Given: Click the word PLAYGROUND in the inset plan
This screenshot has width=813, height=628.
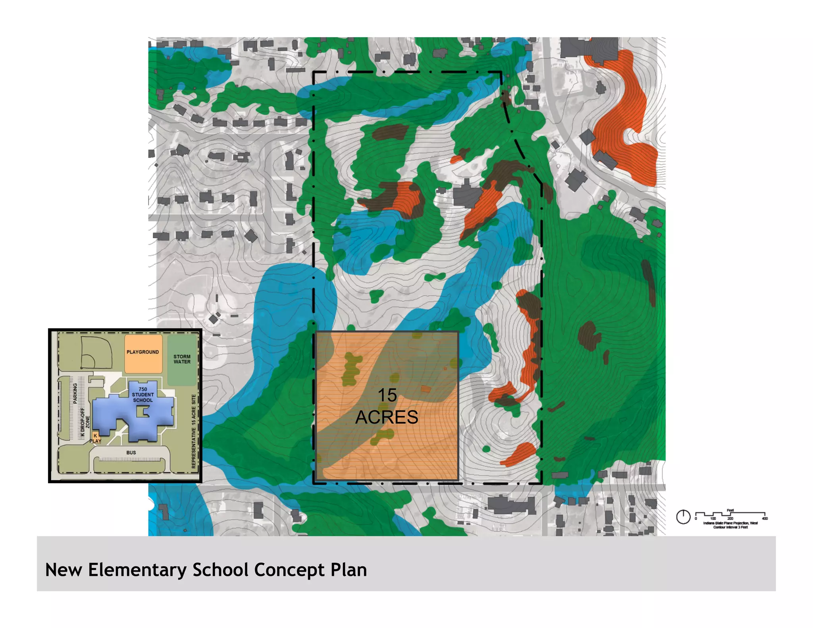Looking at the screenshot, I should pyautogui.click(x=143, y=352).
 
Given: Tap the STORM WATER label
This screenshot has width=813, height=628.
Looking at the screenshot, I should pyautogui.click(x=182, y=359).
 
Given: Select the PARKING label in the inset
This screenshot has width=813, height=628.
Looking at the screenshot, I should pyautogui.click(x=75, y=393).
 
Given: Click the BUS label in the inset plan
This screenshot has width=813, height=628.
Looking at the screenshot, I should pyautogui.click(x=131, y=453).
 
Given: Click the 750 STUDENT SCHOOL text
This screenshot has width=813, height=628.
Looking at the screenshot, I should pyautogui.click(x=143, y=395).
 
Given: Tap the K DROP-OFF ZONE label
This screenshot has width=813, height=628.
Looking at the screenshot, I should pyautogui.click(x=85, y=422).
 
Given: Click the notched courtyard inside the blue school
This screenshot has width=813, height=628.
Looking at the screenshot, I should pyautogui.click(x=143, y=412).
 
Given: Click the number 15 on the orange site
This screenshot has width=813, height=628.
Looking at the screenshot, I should pyautogui.click(x=387, y=395).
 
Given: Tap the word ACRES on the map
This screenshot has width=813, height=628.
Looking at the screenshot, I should pyautogui.click(x=387, y=417).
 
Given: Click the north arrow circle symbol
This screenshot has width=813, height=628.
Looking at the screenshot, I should pyautogui.click(x=683, y=517).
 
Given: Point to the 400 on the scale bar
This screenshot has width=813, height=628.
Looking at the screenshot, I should pyautogui.click(x=765, y=519).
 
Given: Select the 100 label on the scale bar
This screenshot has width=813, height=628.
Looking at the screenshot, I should pyautogui.click(x=713, y=519).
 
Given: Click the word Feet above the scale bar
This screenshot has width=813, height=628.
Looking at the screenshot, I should pyautogui.click(x=730, y=510).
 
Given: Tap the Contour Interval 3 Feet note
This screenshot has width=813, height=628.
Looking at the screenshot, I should pyautogui.click(x=730, y=527).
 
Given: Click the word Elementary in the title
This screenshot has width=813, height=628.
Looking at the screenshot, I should pyautogui.click(x=137, y=570).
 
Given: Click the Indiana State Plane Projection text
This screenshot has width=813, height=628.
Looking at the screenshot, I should pyautogui.click(x=730, y=523).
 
